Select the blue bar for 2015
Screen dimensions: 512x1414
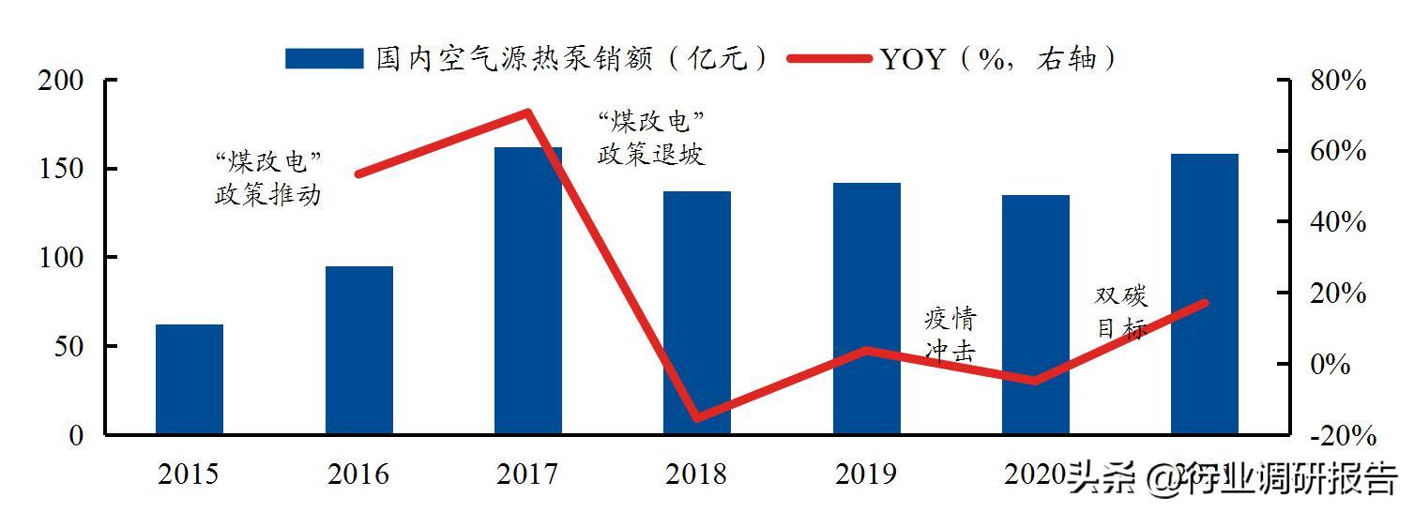(x=190, y=380)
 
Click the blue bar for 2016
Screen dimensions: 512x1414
(x=358, y=351)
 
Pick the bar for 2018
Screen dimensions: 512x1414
(x=696, y=313)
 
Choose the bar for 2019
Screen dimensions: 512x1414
(x=866, y=309)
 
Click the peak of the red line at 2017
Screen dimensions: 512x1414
(x=527, y=113)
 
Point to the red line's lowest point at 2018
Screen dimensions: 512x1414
(x=696, y=418)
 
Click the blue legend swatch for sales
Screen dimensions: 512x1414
(x=324, y=58)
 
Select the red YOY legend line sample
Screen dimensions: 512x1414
(x=829, y=58)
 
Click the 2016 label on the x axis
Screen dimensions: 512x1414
(x=358, y=474)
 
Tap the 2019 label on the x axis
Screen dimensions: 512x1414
(x=866, y=474)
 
